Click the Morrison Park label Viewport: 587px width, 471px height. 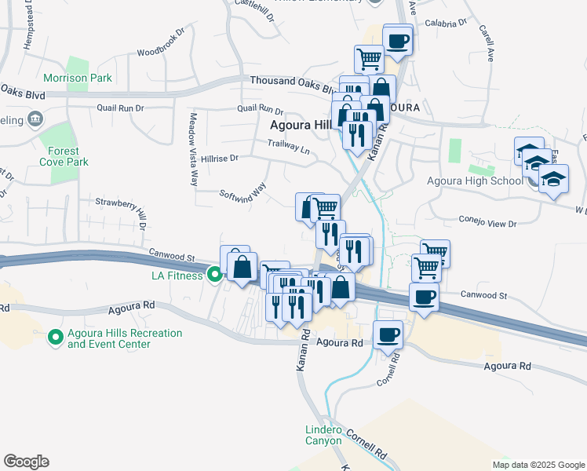point(78,78)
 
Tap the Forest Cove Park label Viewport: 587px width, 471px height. point(63,156)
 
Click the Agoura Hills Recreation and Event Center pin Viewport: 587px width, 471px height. point(55,338)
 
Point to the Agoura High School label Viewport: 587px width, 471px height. point(474,181)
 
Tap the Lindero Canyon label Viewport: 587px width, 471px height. point(323,435)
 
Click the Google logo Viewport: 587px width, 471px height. point(26,462)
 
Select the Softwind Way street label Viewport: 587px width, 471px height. point(243,193)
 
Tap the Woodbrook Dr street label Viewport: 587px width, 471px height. point(160,44)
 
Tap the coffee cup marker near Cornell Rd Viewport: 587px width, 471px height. point(387,335)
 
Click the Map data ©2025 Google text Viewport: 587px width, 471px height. point(538,465)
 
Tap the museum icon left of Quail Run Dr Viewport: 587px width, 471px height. point(35,119)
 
